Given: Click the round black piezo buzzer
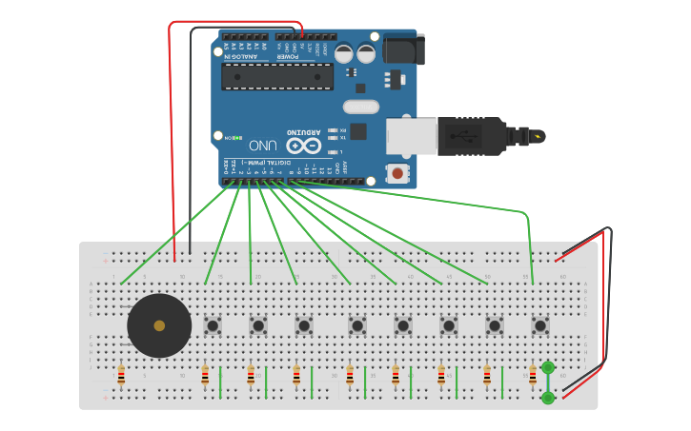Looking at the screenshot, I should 159,325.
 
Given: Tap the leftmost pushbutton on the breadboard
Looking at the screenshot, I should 213,325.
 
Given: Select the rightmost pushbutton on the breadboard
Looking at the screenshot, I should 539,325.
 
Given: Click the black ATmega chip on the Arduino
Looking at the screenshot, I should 277,76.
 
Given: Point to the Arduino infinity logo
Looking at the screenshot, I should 303,146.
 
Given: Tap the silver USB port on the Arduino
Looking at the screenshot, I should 411,137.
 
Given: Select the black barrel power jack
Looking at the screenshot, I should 403,49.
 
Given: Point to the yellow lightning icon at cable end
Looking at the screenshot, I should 539,136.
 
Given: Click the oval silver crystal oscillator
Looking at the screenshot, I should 361,107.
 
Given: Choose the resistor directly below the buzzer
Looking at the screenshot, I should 121,376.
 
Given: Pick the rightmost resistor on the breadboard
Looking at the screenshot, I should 533,376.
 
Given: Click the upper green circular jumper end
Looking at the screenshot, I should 548,367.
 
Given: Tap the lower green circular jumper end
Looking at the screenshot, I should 548,398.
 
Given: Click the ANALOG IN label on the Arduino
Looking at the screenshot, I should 238,55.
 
